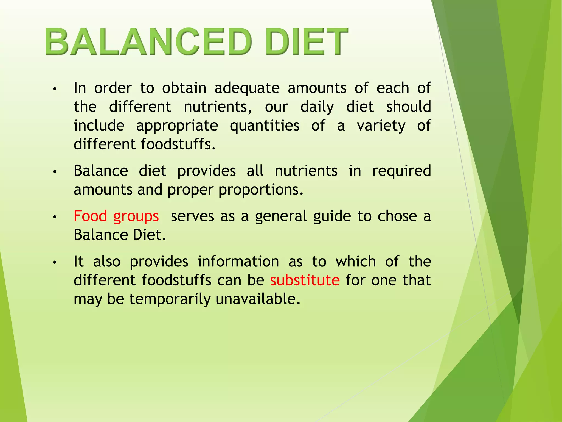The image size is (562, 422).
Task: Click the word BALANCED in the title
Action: tap(148, 42)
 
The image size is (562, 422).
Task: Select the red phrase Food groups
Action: tap(116, 216)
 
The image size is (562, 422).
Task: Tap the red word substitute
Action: tap(305, 280)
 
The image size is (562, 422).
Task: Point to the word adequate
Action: tap(247, 88)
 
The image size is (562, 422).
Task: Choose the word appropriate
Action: tap(177, 126)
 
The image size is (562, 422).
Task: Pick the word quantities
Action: tap(265, 126)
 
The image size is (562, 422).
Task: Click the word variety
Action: tap(381, 126)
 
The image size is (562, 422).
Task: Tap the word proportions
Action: tap(261, 190)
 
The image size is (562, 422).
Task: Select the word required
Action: tap(401, 171)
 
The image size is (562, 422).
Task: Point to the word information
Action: tap(238, 261)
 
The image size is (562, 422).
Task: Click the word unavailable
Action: tap(258, 299)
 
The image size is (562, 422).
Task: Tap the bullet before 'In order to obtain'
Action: tap(55, 89)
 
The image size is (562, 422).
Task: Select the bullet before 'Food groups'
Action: tap(55, 217)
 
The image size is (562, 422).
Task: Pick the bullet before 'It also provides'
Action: tap(55, 262)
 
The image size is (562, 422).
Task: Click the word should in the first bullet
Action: tap(409, 107)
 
